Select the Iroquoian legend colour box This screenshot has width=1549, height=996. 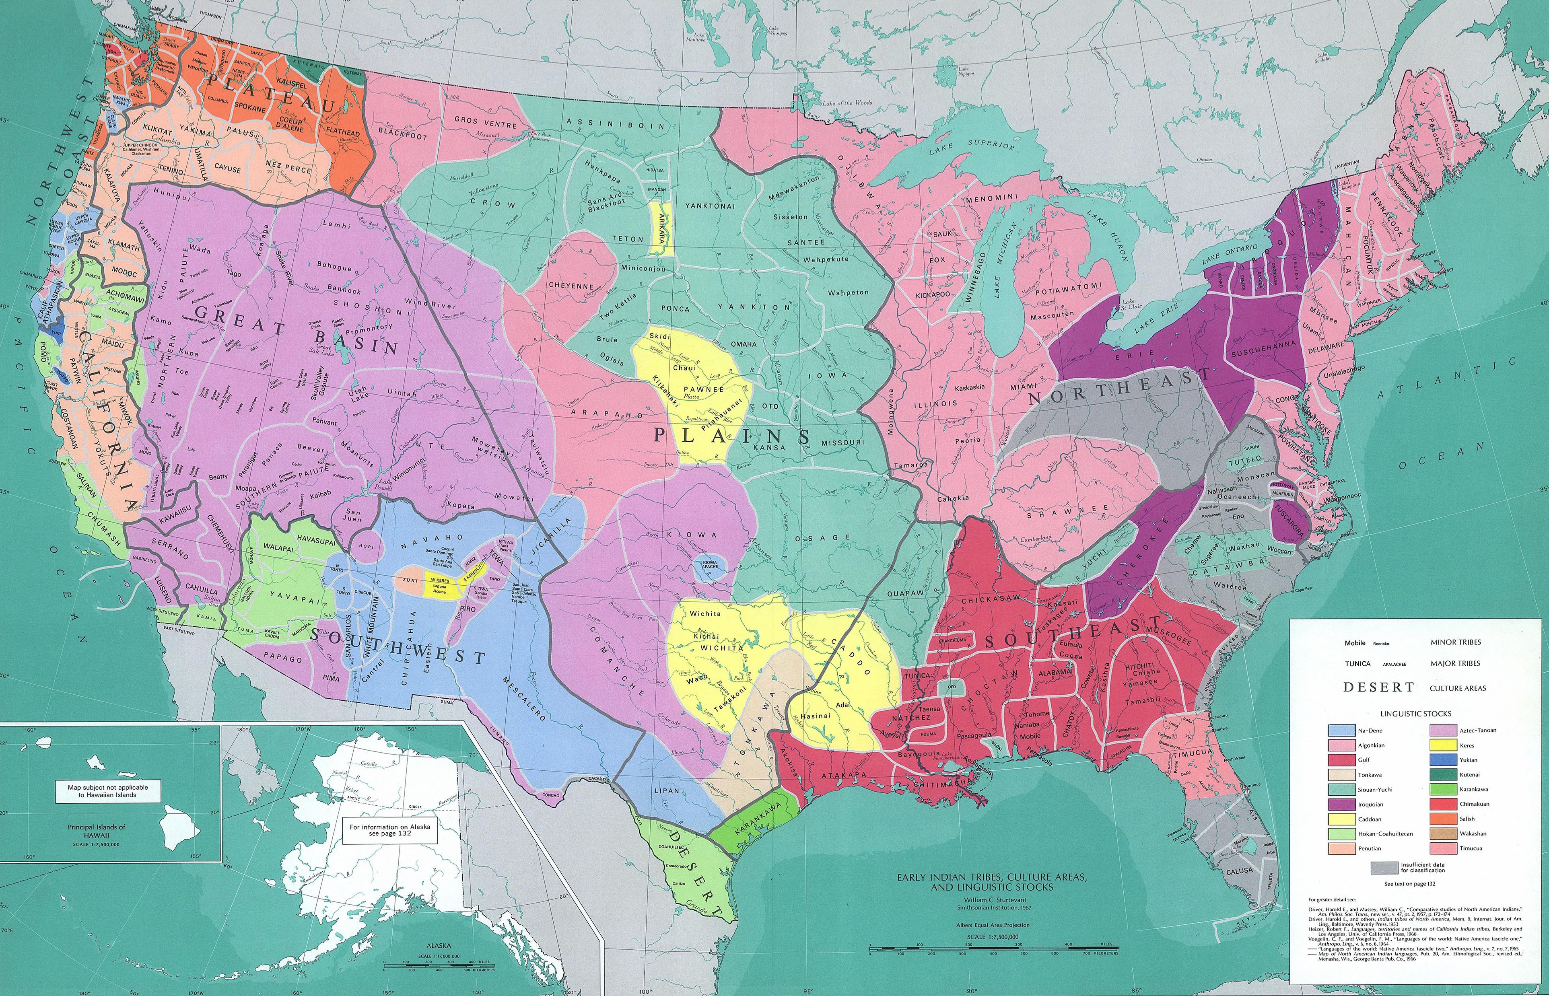pyautogui.click(x=1343, y=805)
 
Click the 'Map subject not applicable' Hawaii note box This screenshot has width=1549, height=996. pyautogui.click(x=108, y=791)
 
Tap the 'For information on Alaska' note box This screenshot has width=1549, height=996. pyautogui.click(x=389, y=830)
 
